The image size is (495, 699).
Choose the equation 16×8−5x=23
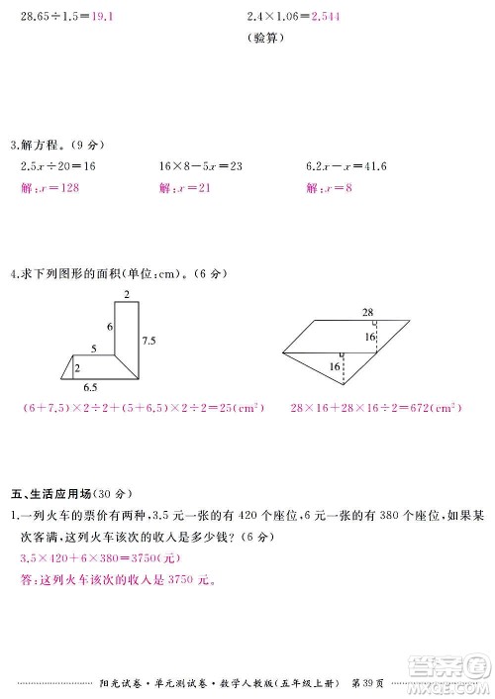[201, 165]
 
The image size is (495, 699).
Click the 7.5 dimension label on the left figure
[149, 340]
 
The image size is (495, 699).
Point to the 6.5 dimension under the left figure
[89, 388]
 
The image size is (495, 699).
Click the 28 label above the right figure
[367, 312]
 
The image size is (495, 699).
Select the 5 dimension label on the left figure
[94, 349]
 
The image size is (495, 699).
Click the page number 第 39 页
[372, 680]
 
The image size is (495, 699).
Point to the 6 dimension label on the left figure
[110, 326]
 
